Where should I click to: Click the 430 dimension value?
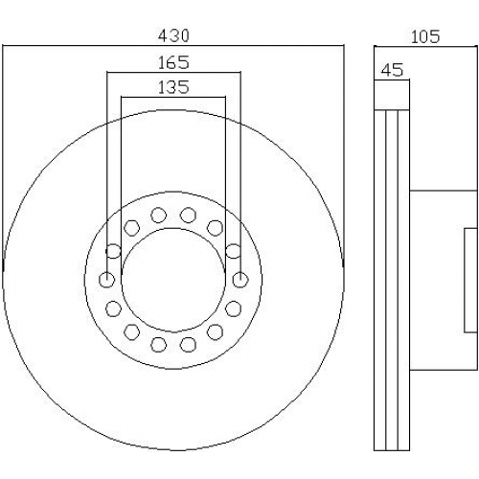tap(173, 35)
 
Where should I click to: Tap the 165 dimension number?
tap(173, 62)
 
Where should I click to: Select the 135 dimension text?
tap(173, 87)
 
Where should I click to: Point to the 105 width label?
tap(425, 36)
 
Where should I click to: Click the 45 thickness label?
tap(393, 70)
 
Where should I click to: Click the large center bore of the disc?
tap(173, 280)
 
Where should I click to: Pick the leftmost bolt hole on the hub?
tap(106, 280)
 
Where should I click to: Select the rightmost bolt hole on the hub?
tap(240, 280)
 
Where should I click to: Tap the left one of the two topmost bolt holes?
tap(159, 215)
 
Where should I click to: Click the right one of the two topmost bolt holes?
tap(188, 215)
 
